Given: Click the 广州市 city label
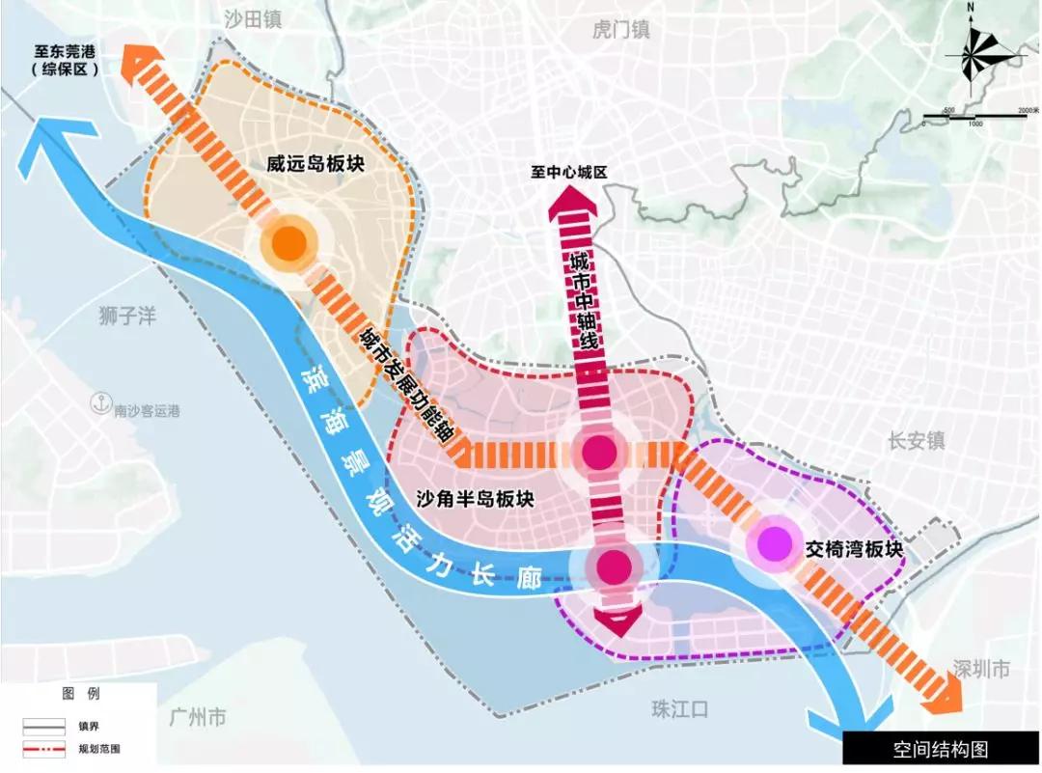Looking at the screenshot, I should point(196,717).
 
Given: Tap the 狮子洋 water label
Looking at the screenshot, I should point(126,316).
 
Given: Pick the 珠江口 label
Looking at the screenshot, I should point(680,709).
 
